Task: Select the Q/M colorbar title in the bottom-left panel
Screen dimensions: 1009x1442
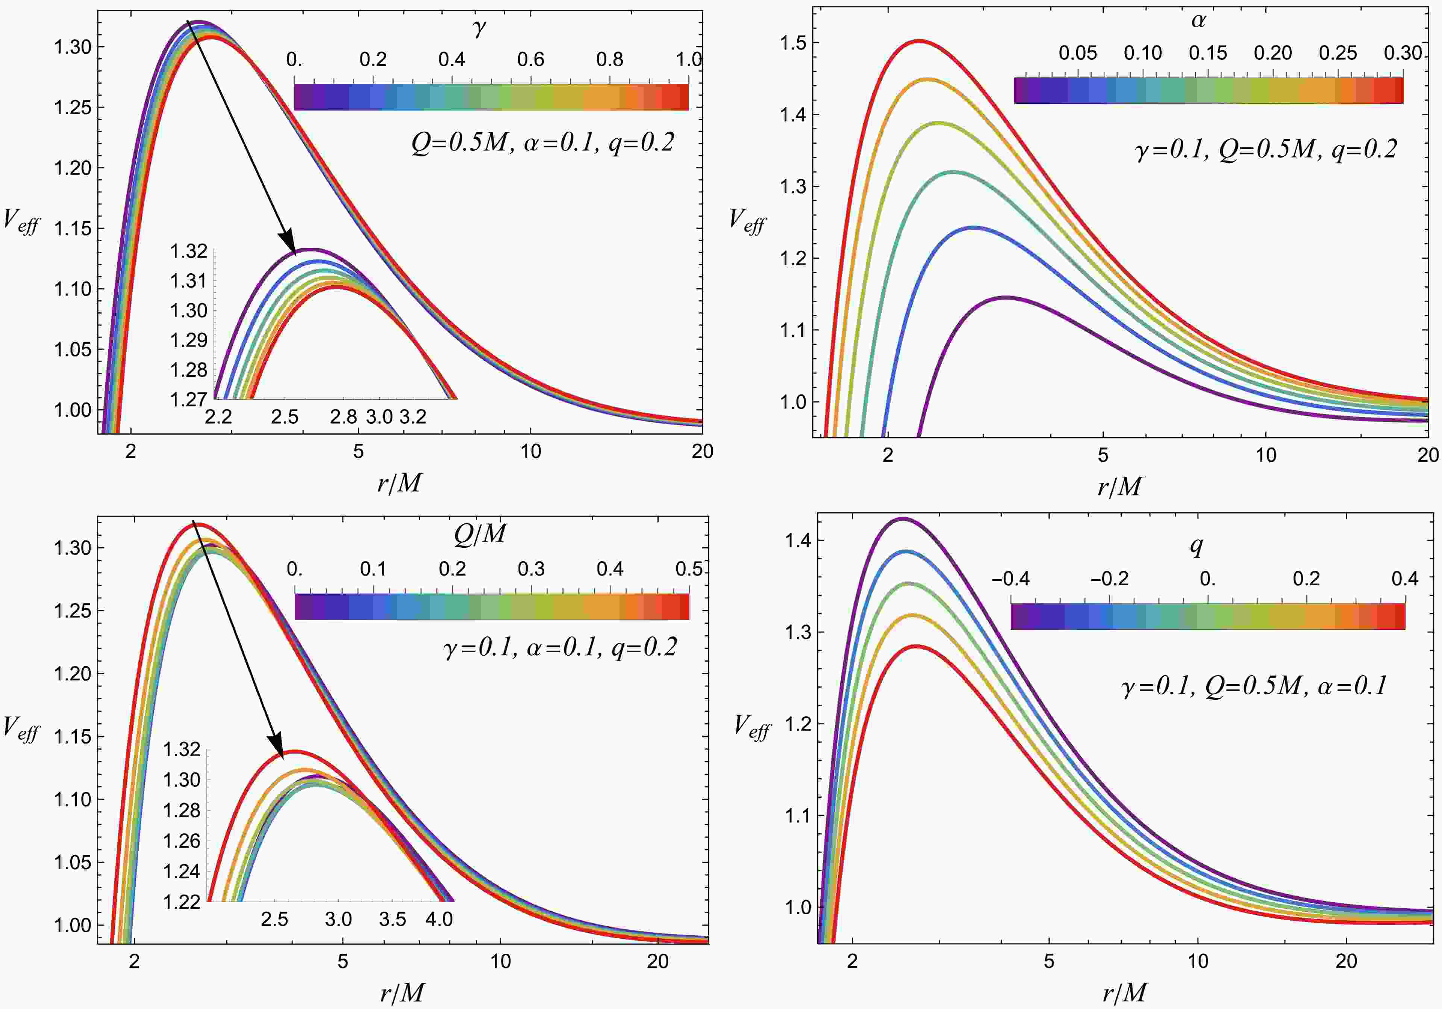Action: (x=480, y=534)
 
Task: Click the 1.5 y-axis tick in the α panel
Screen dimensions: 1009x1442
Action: (x=792, y=43)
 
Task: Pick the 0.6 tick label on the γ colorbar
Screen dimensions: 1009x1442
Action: (x=531, y=60)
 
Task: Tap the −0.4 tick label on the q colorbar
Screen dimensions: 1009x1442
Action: (x=1010, y=579)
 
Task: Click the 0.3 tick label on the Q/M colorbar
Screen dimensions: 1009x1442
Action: (x=531, y=569)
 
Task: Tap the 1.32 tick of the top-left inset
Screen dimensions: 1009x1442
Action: (x=188, y=251)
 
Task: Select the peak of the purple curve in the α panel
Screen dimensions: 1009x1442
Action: (x=1007, y=297)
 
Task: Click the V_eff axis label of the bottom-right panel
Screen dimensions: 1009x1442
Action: (x=752, y=727)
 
